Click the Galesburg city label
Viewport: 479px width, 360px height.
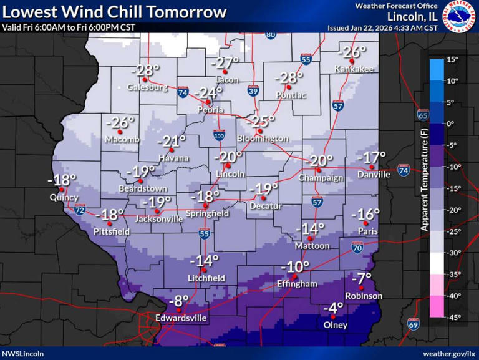point(148,87)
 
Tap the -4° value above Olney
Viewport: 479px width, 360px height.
point(334,308)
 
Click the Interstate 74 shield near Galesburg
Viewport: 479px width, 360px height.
point(183,91)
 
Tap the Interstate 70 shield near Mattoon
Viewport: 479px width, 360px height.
point(357,248)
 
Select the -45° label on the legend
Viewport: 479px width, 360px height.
point(453,316)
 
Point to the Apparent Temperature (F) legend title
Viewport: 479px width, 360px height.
point(424,187)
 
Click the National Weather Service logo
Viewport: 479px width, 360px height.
point(460,17)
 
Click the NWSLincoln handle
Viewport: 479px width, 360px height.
point(23,353)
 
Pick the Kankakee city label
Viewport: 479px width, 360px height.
point(354,69)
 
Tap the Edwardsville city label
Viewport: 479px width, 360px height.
point(181,318)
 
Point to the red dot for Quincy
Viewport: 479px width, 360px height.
point(64,189)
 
